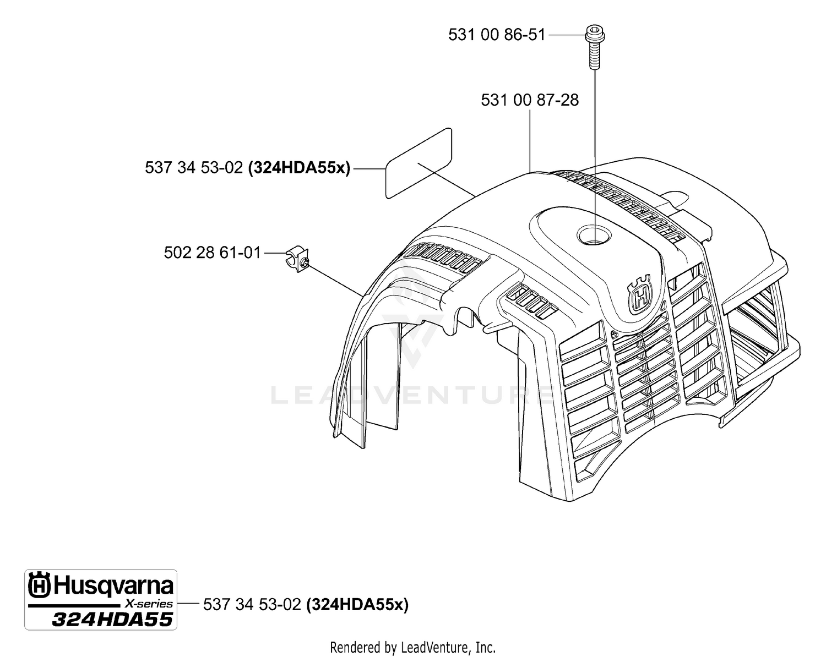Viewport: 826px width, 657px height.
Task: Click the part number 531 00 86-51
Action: [497, 35]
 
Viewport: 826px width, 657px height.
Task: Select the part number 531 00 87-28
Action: [530, 100]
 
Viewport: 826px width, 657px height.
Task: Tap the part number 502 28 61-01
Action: [212, 253]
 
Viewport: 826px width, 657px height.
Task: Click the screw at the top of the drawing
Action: [595, 47]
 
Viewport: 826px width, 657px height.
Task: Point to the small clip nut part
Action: [298, 259]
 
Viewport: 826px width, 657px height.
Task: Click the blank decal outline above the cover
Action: [419, 163]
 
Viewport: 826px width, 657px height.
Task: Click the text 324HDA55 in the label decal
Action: [112, 620]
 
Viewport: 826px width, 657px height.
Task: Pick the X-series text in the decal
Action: [149, 604]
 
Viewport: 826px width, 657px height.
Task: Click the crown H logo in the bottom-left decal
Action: [40, 585]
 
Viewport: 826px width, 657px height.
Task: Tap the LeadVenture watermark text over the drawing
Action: [412, 396]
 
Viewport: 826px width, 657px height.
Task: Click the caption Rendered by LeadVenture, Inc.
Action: [413, 648]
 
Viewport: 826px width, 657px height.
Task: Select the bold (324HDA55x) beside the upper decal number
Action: [300, 168]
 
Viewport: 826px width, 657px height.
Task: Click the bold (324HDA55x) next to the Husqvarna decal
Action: [358, 605]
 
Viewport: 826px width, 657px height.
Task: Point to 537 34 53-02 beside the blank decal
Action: [194, 168]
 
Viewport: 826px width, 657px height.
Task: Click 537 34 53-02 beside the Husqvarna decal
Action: [252, 605]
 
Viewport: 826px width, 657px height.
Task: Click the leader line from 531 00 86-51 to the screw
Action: [567, 35]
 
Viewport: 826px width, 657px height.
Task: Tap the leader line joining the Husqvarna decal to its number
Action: [188, 603]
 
